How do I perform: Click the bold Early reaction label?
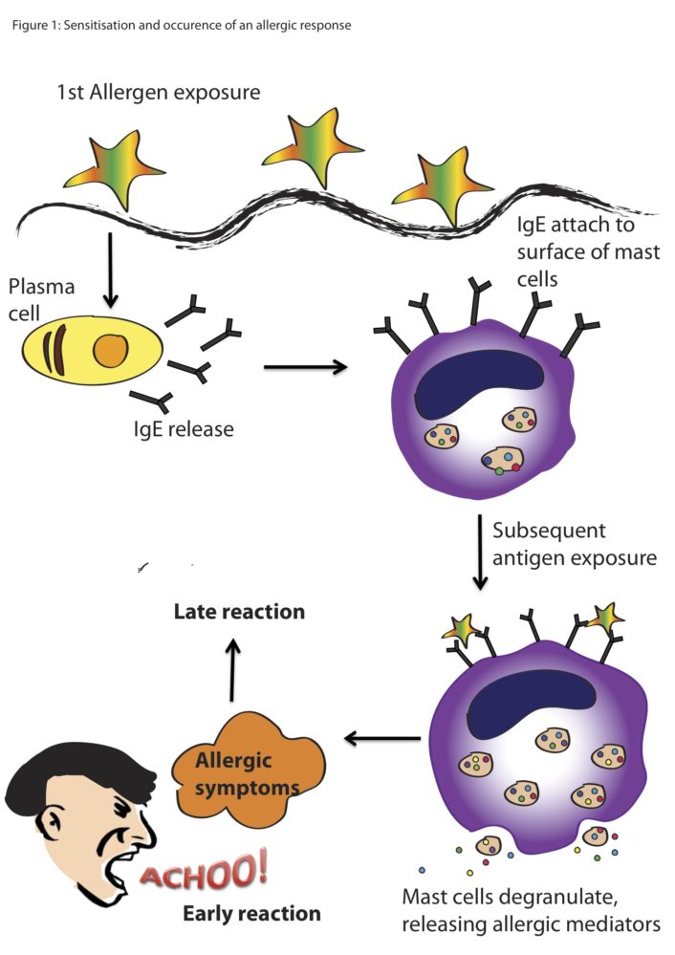coord(251,914)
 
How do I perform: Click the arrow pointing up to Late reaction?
coord(232,673)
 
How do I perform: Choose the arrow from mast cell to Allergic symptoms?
coord(381,737)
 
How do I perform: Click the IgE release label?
coord(183,429)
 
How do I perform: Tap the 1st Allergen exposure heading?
coord(159,93)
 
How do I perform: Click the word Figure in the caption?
coord(30,25)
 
